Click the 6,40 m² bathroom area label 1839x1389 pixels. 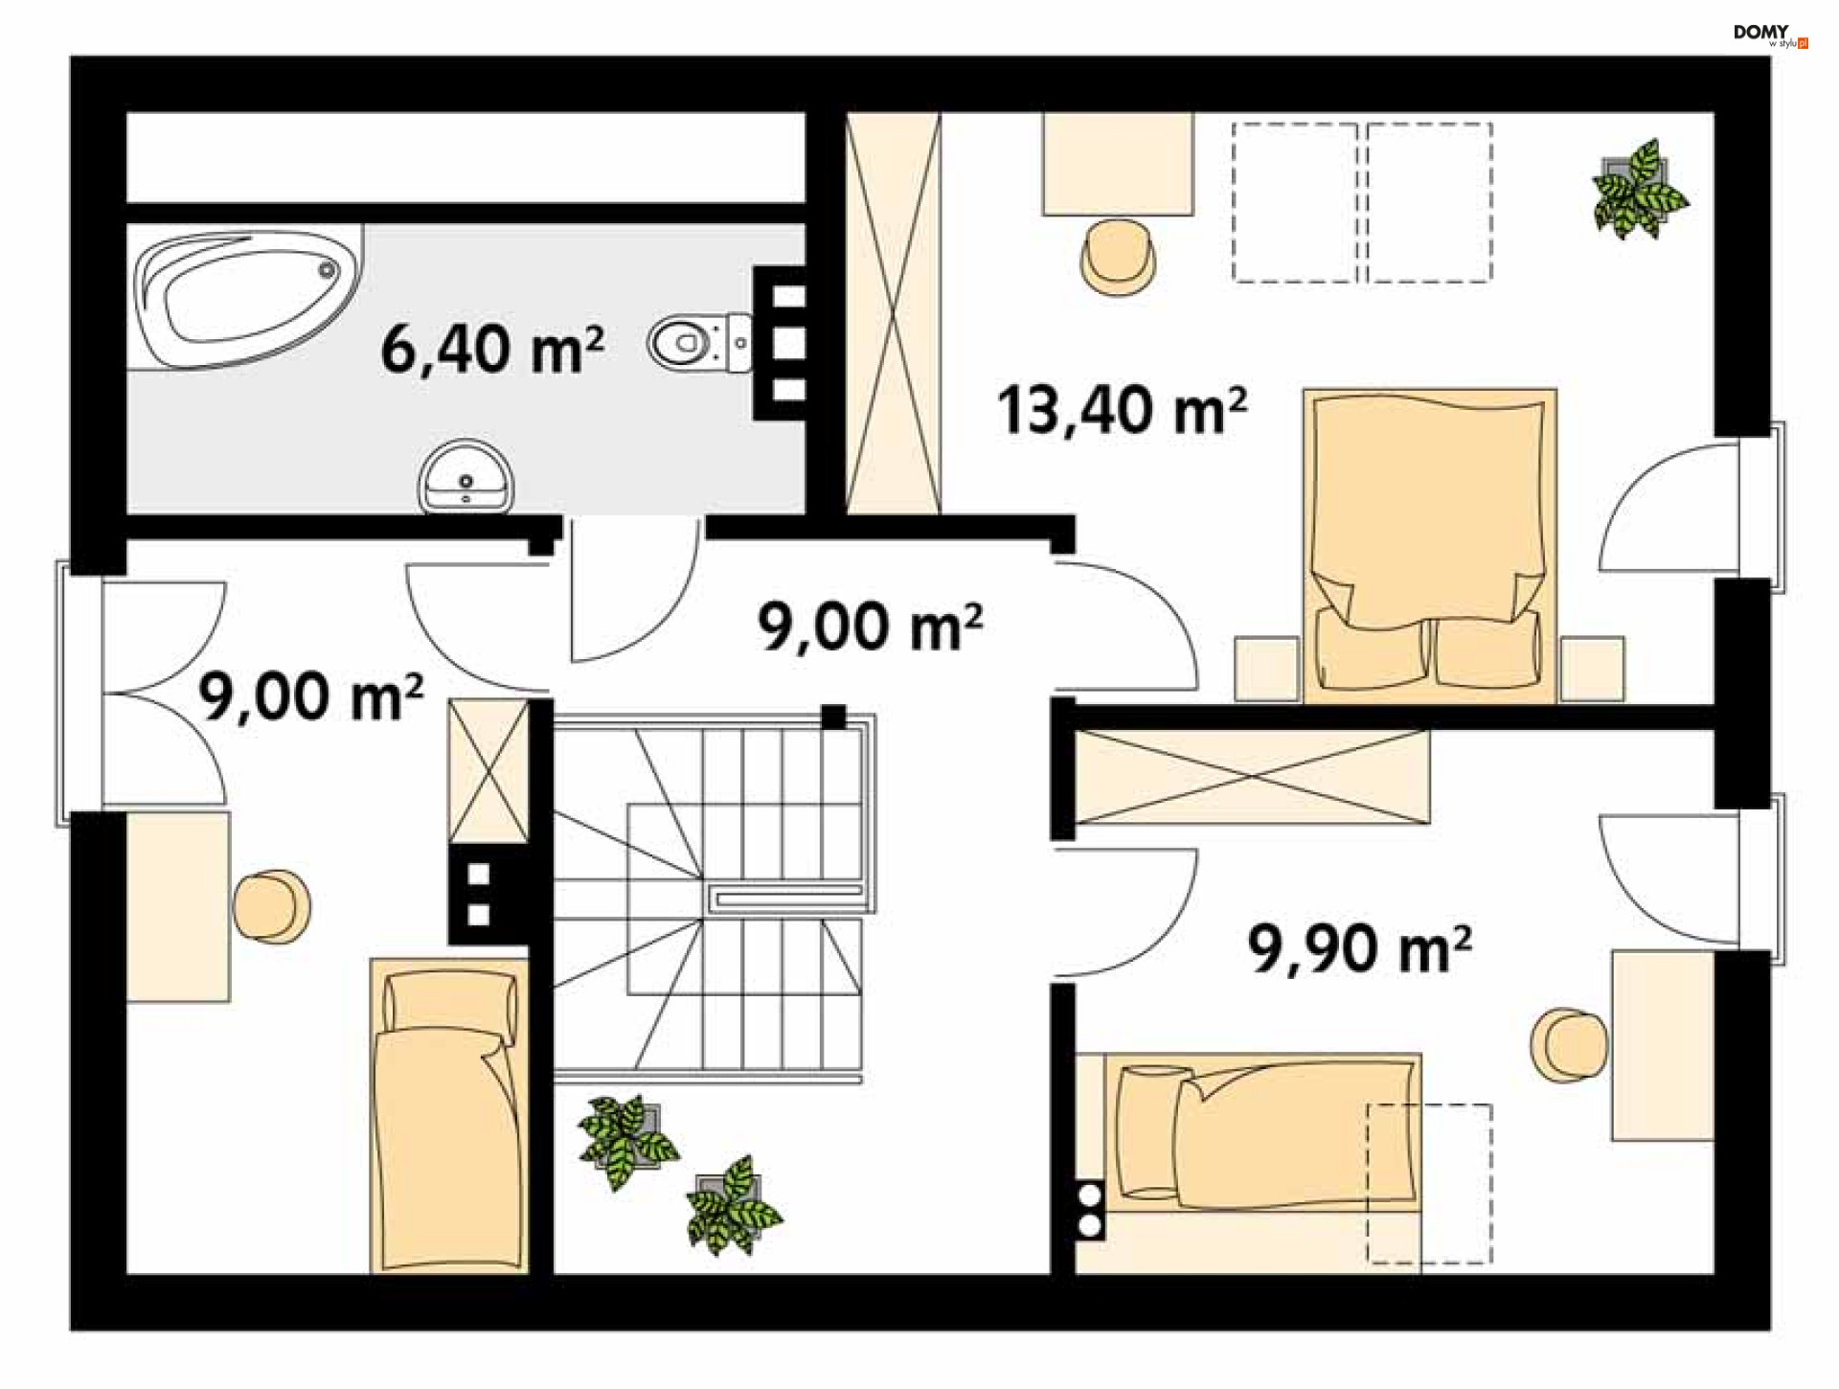tap(492, 349)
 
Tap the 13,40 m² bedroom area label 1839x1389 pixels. tap(1122, 410)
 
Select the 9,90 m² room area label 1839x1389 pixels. tap(1359, 948)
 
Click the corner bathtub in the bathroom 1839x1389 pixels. tap(246, 296)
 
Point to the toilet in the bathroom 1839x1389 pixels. tap(700, 342)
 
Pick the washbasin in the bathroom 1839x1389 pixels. tap(466, 476)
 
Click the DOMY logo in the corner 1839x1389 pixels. tap(1770, 35)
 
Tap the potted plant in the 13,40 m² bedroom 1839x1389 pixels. tap(1638, 189)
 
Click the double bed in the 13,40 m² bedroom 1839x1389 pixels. tap(1429, 545)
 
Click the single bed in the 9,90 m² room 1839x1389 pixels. tap(1262, 1133)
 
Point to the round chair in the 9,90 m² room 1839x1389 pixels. tap(1569, 1045)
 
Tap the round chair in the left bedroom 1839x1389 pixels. tap(272, 906)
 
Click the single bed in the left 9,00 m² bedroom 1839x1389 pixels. tap(449, 1116)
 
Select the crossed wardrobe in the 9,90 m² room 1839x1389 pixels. tap(1252, 777)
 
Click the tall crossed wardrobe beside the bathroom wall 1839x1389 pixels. tap(894, 313)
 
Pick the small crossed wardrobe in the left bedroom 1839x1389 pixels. tap(488, 771)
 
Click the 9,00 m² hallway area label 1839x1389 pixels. tap(870, 627)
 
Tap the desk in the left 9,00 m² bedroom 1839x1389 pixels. tap(178, 907)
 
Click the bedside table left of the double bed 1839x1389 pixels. tap(1266, 669)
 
